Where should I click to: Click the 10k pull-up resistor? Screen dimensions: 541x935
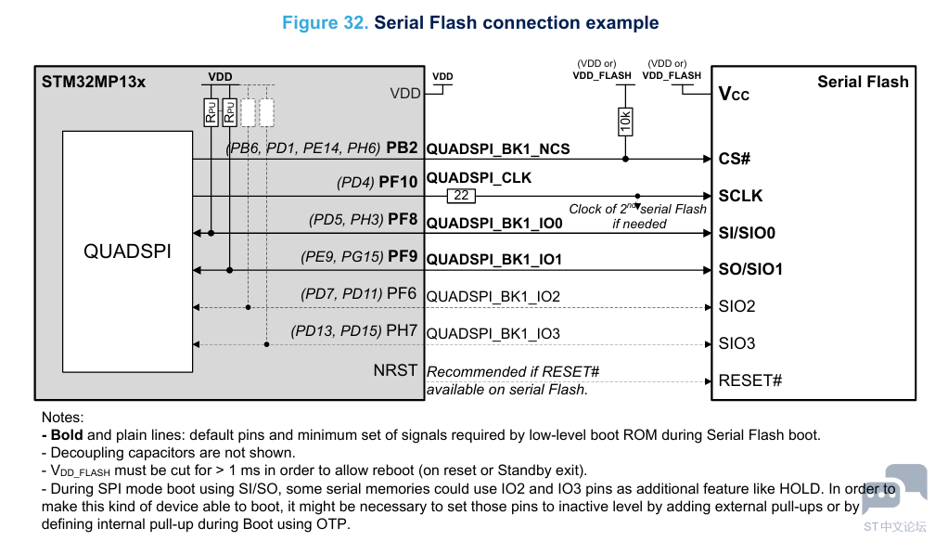tap(625, 121)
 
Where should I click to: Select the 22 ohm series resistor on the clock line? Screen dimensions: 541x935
tap(460, 196)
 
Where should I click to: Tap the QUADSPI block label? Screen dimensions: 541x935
tap(127, 251)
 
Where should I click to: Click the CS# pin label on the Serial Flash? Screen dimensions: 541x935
tap(734, 159)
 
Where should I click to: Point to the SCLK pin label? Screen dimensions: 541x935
tap(740, 196)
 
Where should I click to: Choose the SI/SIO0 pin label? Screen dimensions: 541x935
tap(747, 233)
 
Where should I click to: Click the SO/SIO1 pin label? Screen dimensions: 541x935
tap(750, 270)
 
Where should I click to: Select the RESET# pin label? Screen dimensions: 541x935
tap(749, 380)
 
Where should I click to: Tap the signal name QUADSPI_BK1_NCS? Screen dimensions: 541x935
tap(498, 148)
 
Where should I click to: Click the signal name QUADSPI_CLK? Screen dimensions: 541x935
tap(479, 177)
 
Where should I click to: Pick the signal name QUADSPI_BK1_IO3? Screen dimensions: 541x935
tap(493, 333)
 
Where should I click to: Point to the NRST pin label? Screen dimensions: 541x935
tap(395, 370)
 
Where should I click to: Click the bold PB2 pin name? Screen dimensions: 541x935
tap(403, 148)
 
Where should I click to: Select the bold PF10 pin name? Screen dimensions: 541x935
tap(399, 184)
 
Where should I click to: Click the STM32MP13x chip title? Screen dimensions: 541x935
tap(94, 82)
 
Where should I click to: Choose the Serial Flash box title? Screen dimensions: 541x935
tap(863, 82)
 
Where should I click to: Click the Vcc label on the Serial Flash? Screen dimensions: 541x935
tap(734, 94)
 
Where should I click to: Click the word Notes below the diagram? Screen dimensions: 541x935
tap(62, 418)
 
